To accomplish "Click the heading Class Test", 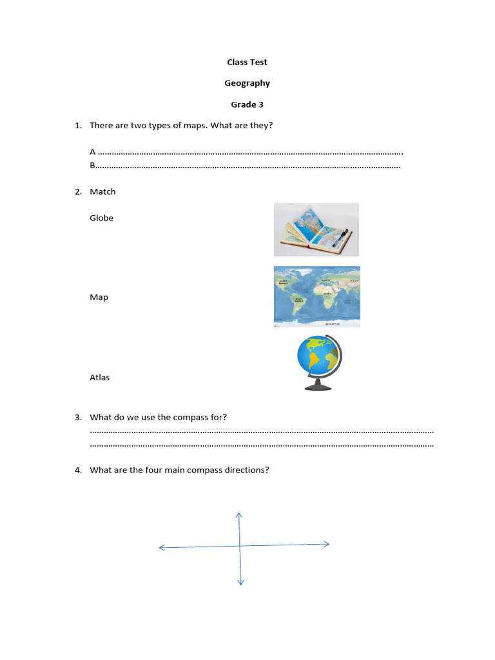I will pos(247,63).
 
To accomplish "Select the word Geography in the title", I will pos(247,83).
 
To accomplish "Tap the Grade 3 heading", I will pos(247,104).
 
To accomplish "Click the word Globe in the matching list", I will pos(101,218).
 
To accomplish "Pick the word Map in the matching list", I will pos(99,297).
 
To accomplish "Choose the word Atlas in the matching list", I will pos(99,378).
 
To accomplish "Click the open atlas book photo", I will pos(316,230).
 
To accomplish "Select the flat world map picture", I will pos(316,296).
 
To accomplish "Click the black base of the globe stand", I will pos(318,387).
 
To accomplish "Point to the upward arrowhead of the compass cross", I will pos(238,514).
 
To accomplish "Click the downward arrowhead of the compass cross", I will pos(240,583).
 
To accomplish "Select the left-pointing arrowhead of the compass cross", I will pos(162,548).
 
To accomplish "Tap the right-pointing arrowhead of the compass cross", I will pos(327,544).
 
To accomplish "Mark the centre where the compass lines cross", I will pos(240,546).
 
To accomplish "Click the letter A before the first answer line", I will pos(93,152).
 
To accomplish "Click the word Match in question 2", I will pos(102,191).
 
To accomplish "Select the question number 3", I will pos(77,417).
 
